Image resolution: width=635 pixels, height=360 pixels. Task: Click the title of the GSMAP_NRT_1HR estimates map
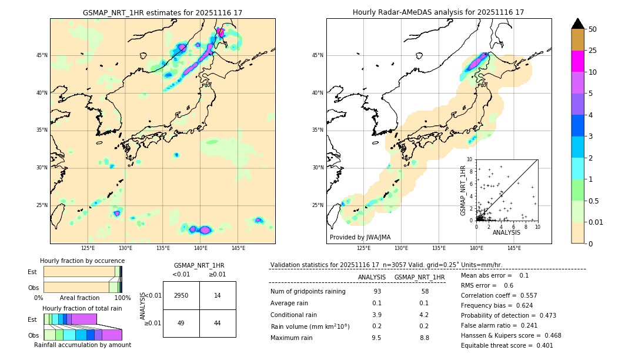pyautogui.click(x=162, y=12)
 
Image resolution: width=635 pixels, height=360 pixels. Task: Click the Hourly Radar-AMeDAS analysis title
pyautogui.click(x=438, y=12)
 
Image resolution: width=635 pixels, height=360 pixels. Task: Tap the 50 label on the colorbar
pyautogui.click(x=593, y=29)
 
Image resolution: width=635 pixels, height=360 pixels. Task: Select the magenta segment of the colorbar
pyautogui.click(x=577, y=61)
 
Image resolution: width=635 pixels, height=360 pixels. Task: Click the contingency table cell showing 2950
pyautogui.click(x=181, y=295)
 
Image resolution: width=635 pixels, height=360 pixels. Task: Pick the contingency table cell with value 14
pyautogui.click(x=218, y=295)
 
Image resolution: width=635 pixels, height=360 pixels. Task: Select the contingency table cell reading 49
pyautogui.click(x=181, y=323)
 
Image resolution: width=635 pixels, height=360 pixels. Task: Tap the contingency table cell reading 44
pyautogui.click(x=218, y=323)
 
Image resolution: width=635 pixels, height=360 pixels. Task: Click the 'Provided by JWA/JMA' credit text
pyautogui.click(x=360, y=238)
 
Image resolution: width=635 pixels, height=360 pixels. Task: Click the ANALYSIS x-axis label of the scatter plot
pyautogui.click(x=506, y=232)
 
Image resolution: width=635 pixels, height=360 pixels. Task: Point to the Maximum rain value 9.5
pyautogui.click(x=376, y=338)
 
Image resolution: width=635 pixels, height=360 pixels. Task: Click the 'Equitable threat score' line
pyautogui.click(x=507, y=345)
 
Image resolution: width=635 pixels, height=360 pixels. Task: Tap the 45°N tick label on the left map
pyautogui.click(x=42, y=55)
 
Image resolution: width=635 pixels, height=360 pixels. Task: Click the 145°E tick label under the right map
pyautogui.click(x=514, y=248)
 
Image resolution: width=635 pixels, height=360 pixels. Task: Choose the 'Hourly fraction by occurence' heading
pyautogui.click(x=82, y=261)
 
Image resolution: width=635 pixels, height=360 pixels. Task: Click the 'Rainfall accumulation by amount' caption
pyautogui.click(x=82, y=345)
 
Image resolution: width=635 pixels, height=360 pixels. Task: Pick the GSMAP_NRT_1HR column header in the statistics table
pyautogui.click(x=419, y=277)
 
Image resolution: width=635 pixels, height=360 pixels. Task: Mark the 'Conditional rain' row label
pyautogui.click(x=295, y=315)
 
